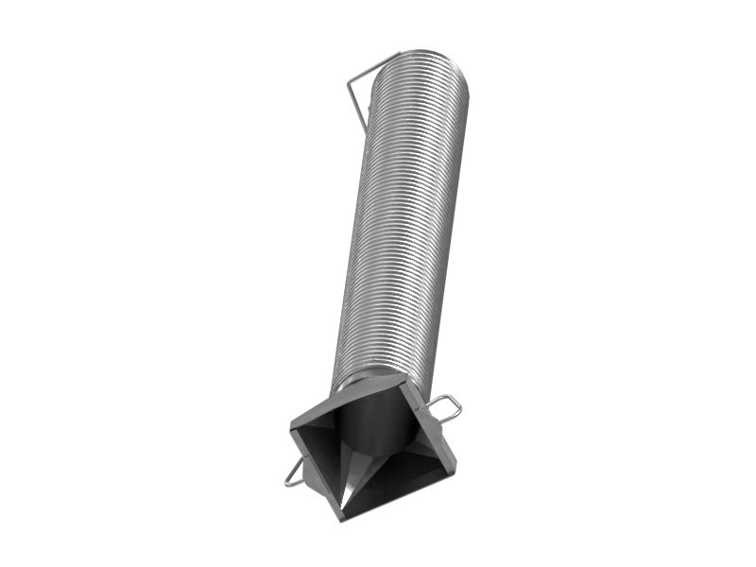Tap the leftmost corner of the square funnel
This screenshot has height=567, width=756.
[291, 425]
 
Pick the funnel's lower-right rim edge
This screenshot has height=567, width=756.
[402, 492]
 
